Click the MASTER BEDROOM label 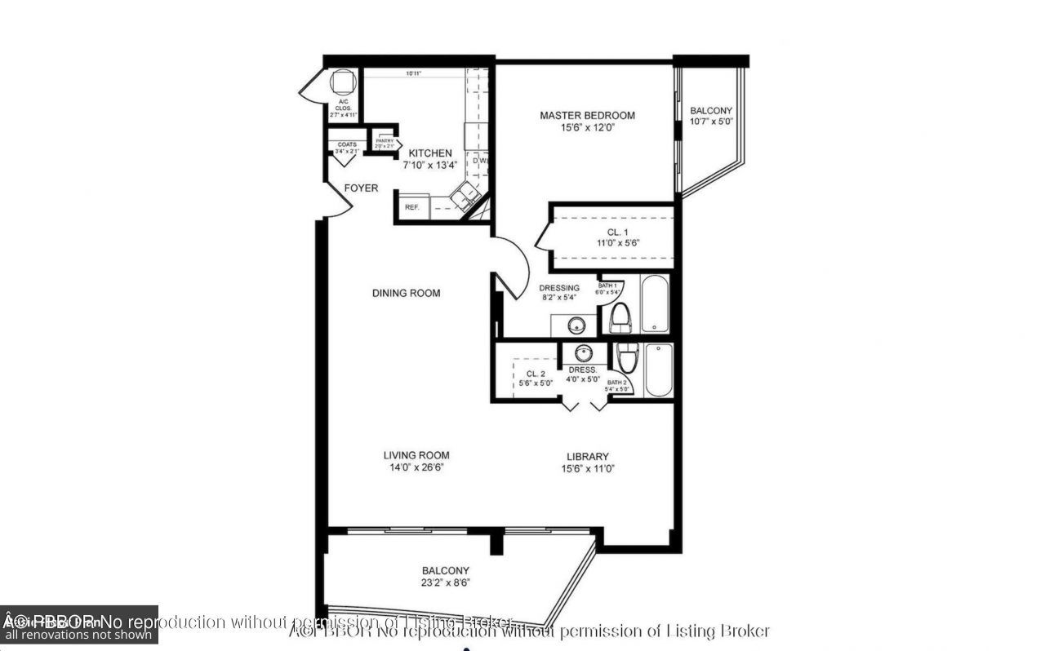tap(587, 115)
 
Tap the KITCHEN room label tap(430, 153)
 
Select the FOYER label tap(361, 188)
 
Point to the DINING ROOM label tap(406, 293)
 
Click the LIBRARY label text tap(588, 456)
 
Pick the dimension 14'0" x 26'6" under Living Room tap(416, 468)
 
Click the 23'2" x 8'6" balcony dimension tap(446, 583)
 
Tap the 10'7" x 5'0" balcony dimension tap(711, 122)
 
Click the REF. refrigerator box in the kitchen tap(412, 207)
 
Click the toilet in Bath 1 tap(622, 317)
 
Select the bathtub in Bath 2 tap(658, 370)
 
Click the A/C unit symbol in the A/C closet tap(341, 82)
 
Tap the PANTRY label tap(385, 141)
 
